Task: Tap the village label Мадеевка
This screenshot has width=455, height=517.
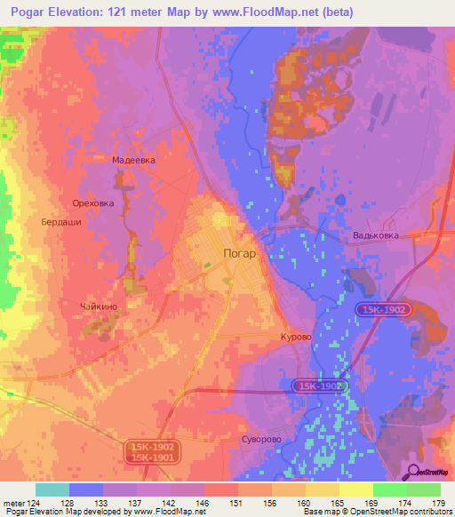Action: [x=134, y=160]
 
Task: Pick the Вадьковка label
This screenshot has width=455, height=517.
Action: [x=376, y=235]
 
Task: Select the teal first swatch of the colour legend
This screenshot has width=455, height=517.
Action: [x=52, y=489]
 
